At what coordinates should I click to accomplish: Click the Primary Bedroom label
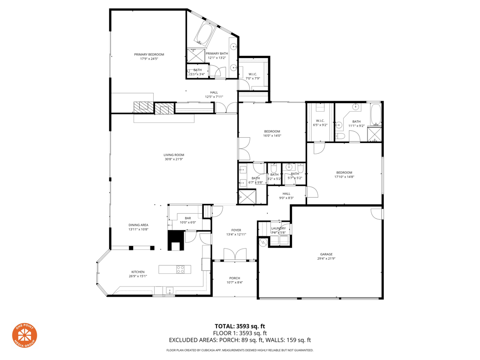coord(149,54)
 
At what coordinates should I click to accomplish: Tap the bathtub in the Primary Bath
coord(204,32)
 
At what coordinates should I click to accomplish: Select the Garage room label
coord(326,255)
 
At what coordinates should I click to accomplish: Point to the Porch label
coord(234,278)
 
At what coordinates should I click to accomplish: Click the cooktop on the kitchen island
coord(180,269)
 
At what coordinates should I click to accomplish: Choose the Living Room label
coord(173,155)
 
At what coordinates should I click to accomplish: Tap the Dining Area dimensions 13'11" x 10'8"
coord(138,230)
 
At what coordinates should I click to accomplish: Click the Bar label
coord(187,218)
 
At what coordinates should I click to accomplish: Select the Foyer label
coord(236,230)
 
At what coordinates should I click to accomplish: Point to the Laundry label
coord(278,228)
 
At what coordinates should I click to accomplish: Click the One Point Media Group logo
coord(24,336)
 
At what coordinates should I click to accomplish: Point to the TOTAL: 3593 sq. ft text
coord(240,326)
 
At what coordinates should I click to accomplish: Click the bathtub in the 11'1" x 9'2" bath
coord(375,114)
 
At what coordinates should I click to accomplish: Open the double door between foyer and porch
coord(234,255)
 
